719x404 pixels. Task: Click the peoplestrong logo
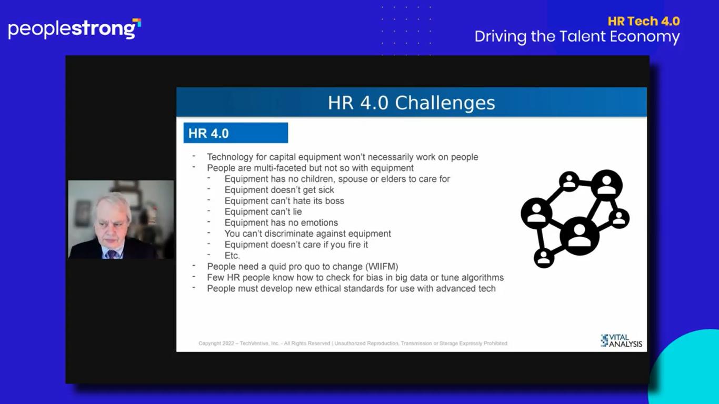click(x=74, y=29)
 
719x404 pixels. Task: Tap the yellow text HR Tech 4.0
click(x=644, y=21)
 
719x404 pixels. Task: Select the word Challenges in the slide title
click(x=445, y=103)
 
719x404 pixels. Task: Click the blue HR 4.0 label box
click(x=236, y=133)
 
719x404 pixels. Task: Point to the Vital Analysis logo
click(x=621, y=341)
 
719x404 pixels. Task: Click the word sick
click(x=326, y=190)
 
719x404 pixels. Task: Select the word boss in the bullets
click(x=334, y=201)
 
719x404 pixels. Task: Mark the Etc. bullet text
click(x=232, y=256)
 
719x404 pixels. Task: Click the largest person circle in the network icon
click(x=580, y=236)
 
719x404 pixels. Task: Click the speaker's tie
click(x=112, y=255)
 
